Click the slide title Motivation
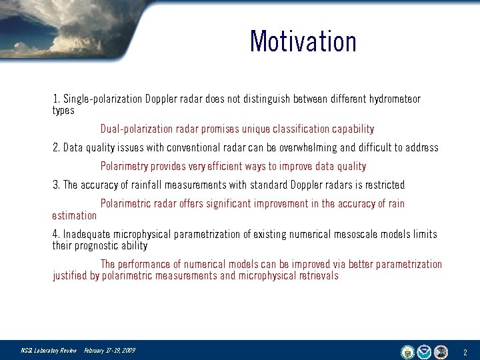[x=303, y=41]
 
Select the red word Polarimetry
[x=124, y=166]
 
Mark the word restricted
[x=383, y=185]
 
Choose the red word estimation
[x=74, y=215]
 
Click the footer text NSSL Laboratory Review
[x=49, y=351]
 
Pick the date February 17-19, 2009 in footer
[x=109, y=351]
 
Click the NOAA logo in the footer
[x=424, y=351]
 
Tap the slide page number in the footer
[x=465, y=351]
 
